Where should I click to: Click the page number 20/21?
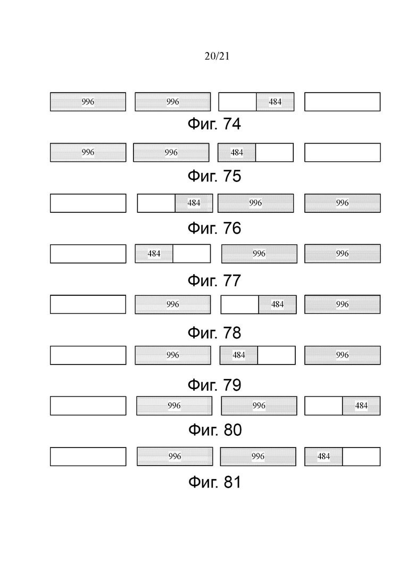(x=217, y=56)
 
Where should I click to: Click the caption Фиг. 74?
(x=214, y=124)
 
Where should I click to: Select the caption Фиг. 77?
(x=214, y=280)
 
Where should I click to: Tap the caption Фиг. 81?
(x=215, y=482)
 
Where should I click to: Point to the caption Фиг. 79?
(x=214, y=385)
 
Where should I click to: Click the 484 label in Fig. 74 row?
(x=275, y=102)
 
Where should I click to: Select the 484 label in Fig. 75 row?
(x=237, y=152)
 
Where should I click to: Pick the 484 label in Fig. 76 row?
(x=194, y=203)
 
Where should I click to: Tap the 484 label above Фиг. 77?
(x=154, y=254)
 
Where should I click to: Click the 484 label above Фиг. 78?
(x=277, y=304)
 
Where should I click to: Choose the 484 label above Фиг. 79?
(x=239, y=355)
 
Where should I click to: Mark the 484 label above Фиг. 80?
(x=361, y=406)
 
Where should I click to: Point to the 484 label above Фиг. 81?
(x=323, y=456)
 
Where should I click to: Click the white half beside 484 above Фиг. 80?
(x=323, y=406)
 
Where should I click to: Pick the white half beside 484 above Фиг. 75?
(x=275, y=152)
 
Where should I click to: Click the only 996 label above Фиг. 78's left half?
(x=172, y=304)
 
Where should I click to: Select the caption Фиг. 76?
(x=214, y=228)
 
